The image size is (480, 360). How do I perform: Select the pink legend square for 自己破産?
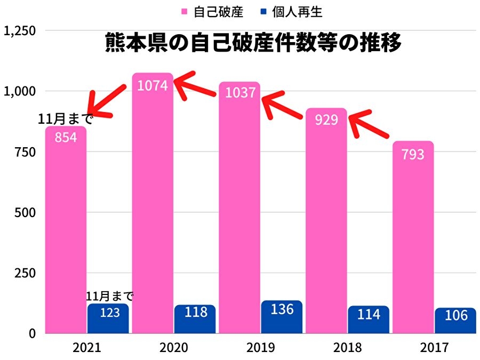[x=185, y=11]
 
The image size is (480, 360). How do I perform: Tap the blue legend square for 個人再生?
[x=262, y=11]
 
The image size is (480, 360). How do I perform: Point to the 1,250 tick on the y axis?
[x=19, y=31]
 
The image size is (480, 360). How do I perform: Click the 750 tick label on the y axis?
[x=26, y=152]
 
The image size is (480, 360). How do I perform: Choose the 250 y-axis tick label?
[x=26, y=273]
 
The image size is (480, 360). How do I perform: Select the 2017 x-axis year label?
[x=434, y=348]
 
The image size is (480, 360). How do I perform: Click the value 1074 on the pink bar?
[x=153, y=85]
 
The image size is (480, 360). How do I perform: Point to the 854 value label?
[x=66, y=137]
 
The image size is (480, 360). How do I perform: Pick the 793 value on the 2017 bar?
[x=413, y=155]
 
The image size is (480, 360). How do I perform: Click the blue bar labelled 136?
[x=282, y=317]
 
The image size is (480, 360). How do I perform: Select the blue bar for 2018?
[x=369, y=320]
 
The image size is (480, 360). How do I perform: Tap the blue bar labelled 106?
[x=455, y=321]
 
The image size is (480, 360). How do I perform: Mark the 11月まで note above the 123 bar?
[x=109, y=297]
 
